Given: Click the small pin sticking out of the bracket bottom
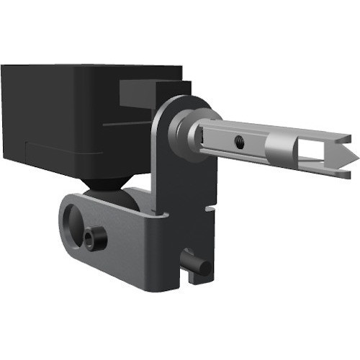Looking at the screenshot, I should (199, 265).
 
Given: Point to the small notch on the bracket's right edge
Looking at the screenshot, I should (209, 210).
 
